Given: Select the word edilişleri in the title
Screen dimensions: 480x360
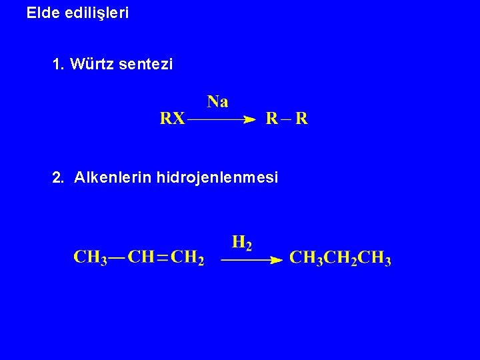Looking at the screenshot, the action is pos(97,13).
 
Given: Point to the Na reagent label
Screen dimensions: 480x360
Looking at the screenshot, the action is pos(218,101).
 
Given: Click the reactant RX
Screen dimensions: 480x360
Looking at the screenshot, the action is pos(173,119).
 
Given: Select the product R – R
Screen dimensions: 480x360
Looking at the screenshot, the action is pos(287,119).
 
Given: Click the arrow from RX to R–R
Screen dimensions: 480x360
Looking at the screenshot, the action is pos(221,120).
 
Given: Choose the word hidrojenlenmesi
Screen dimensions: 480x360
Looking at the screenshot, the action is pos(217,178).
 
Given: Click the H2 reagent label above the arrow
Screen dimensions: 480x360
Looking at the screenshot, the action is pos(242,243).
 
